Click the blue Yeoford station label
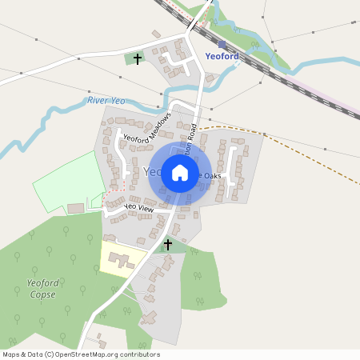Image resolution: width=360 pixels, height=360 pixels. [x=222, y=57]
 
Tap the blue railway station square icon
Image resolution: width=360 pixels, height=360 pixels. [x=222, y=45]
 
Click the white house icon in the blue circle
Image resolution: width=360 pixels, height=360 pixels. [x=180, y=172]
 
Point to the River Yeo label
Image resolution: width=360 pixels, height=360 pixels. [x=107, y=100]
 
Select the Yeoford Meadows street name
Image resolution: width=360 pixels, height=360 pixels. [x=148, y=127]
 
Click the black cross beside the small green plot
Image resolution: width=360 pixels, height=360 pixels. [x=138, y=59]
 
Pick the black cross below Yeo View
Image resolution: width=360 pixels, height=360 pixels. [x=168, y=243]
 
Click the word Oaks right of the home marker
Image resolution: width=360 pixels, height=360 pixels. [x=212, y=176]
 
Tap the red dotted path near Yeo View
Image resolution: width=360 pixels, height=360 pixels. [x=104, y=200]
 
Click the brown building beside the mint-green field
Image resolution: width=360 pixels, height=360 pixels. [x=76, y=209]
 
